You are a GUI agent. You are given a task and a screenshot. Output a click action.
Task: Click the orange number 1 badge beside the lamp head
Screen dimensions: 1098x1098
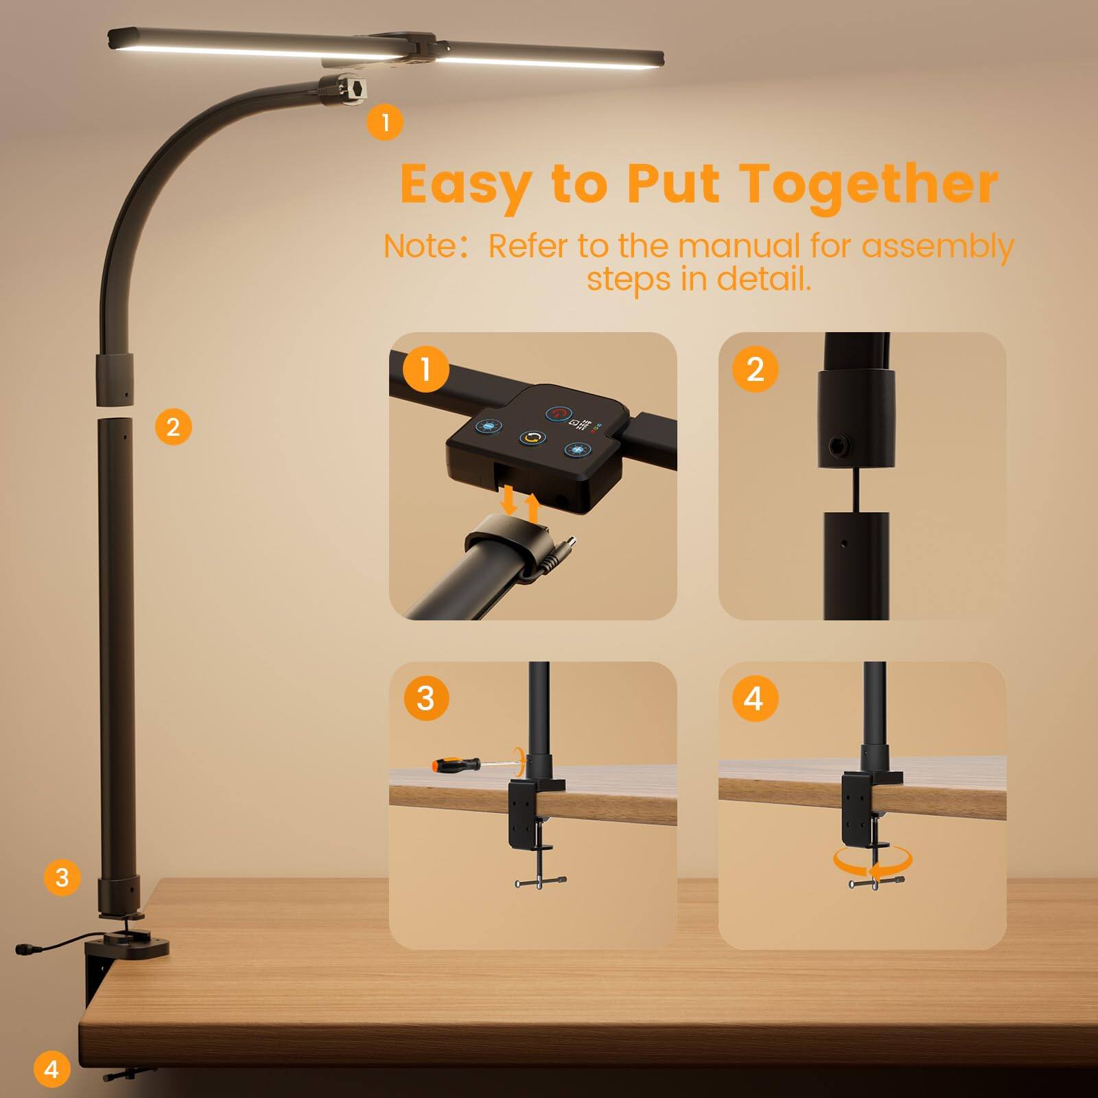[385, 122]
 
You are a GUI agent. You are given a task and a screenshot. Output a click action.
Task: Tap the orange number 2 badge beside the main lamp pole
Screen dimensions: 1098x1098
[173, 427]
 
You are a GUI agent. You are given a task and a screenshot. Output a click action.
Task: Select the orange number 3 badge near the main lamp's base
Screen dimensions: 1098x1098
[62, 877]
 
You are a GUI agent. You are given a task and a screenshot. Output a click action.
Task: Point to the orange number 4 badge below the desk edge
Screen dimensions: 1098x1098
[51, 1068]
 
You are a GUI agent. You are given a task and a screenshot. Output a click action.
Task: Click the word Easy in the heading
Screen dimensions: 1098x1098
[466, 184]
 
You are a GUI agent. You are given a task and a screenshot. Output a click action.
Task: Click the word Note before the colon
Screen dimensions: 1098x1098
[419, 246]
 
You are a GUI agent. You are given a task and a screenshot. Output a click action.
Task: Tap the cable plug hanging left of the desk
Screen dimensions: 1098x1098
[27, 948]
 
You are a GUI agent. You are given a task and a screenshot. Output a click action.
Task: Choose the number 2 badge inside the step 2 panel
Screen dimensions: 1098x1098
[754, 369]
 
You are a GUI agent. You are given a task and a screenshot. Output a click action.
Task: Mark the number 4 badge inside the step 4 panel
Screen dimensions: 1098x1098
[753, 699]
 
